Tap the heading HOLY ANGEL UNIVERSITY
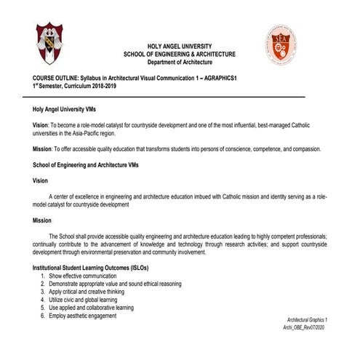179,45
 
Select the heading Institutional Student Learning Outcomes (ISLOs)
87,268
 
